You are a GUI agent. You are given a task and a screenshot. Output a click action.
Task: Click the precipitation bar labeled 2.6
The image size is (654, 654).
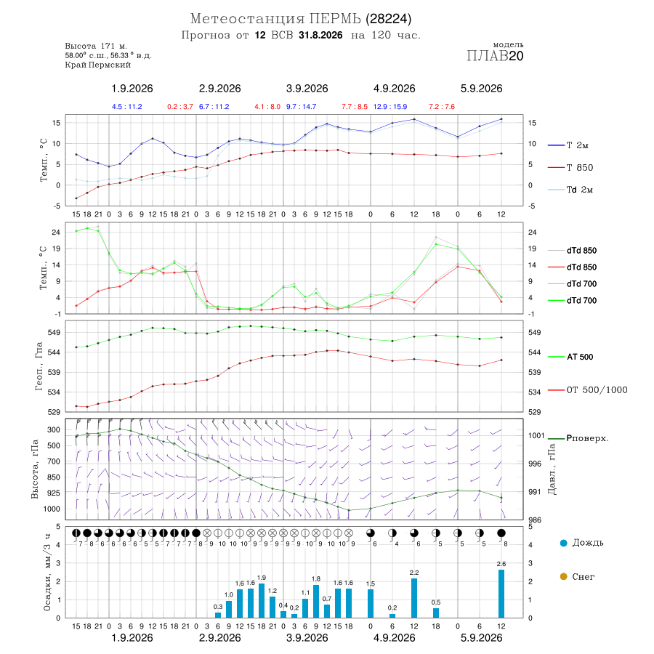pos(501,594)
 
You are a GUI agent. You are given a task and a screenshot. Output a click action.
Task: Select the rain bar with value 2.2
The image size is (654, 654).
pos(413,598)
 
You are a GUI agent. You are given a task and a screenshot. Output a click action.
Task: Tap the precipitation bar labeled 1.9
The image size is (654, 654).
pos(262,601)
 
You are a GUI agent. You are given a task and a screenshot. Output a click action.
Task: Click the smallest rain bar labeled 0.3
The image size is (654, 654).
pos(218,615)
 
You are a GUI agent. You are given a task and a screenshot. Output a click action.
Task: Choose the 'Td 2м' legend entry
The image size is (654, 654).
pos(570,190)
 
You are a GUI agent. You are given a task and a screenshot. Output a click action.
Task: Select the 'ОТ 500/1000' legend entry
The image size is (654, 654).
pos(588,390)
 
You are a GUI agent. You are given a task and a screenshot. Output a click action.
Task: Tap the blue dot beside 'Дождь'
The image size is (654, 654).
pos(563,543)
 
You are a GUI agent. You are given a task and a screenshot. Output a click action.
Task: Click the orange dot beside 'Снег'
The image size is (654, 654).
pos(563,576)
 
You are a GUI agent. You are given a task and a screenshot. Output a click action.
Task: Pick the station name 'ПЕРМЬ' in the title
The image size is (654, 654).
pos(335,19)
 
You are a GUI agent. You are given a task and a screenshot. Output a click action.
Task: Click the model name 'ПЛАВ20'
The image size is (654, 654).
pos(495,56)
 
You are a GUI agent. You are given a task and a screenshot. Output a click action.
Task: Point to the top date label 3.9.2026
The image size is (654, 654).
pos(307,89)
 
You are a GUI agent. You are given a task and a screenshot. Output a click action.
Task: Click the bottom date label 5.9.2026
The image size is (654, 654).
pos(481,638)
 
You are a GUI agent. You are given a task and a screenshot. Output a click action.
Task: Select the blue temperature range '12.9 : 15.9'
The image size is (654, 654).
pos(390,107)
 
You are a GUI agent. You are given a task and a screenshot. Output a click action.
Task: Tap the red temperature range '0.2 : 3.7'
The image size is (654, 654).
pos(180,107)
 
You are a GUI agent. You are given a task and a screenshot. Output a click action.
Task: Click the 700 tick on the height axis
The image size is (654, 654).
pos(53,461)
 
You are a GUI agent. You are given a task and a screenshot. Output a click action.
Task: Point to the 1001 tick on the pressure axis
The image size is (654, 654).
pos(536,435)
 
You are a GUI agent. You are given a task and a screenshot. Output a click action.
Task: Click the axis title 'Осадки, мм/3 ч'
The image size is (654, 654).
pos(47,573)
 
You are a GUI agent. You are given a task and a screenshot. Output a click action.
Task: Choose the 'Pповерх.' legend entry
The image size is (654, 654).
pos(578,438)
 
